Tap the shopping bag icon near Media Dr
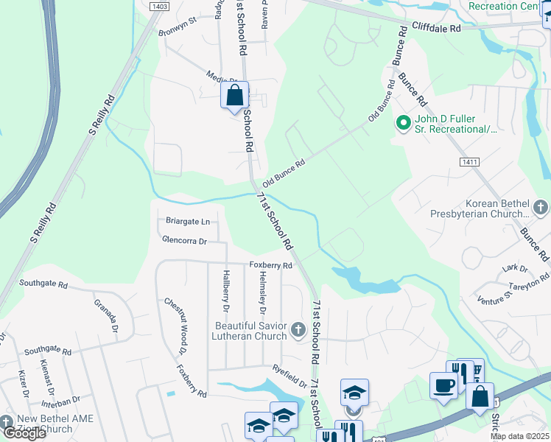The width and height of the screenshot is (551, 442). coord(234,96)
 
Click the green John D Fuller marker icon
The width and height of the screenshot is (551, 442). coord(403,123)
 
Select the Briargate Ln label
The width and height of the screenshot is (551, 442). coord(187,221)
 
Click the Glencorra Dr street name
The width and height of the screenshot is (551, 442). coord(186,240)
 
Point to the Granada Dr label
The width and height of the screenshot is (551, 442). coord(106,316)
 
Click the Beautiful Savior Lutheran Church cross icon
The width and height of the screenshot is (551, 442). coord(298,329)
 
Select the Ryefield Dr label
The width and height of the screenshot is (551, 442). coord(289,377)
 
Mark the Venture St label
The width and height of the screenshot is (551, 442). coord(494,298)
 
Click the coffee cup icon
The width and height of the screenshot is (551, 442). coord(443,386)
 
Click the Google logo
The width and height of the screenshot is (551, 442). coord(24,433)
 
